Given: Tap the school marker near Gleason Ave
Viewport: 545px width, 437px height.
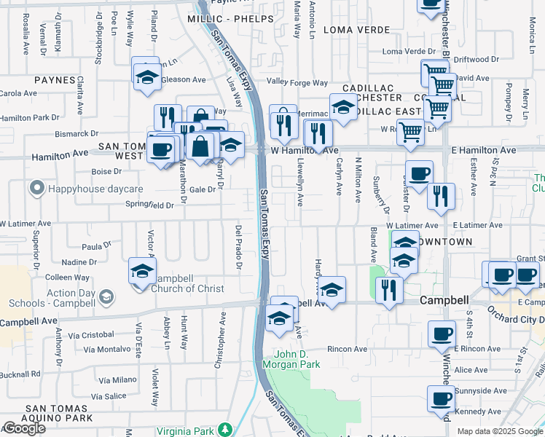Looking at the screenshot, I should click(x=146, y=77).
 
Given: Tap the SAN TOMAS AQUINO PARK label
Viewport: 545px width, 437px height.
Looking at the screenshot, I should click(x=47, y=418).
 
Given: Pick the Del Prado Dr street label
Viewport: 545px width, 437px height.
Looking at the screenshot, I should click(x=238, y=245).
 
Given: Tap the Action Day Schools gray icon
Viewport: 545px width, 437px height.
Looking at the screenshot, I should click(x=106, y=296).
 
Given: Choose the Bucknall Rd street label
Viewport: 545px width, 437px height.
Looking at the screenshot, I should click(x=20, y=374).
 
